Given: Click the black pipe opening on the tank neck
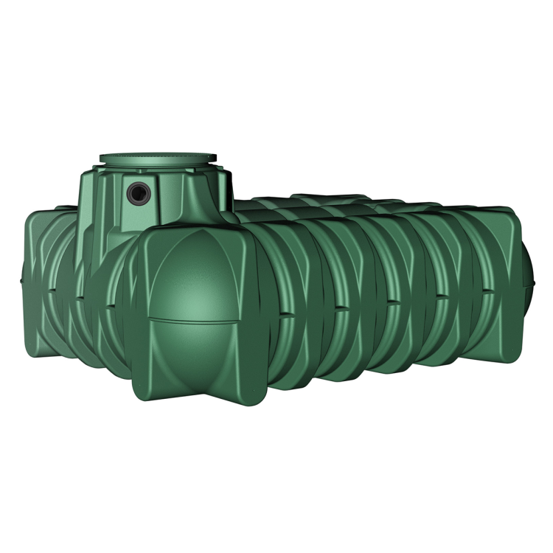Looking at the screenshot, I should click(x=137, y=194).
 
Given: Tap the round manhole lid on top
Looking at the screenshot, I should click(x=158, y=158).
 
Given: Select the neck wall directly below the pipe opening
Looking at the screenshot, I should click(x=137, y=221).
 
